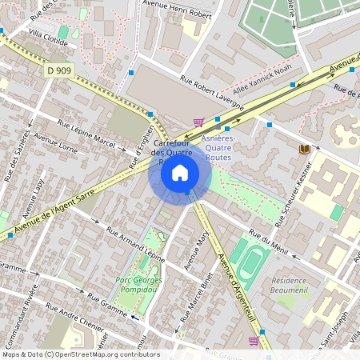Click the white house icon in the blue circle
(180, 172)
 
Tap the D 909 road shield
(60, 71)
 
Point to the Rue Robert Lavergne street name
(212, 91)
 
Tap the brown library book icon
(304, 149)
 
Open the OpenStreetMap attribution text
(81, 354)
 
